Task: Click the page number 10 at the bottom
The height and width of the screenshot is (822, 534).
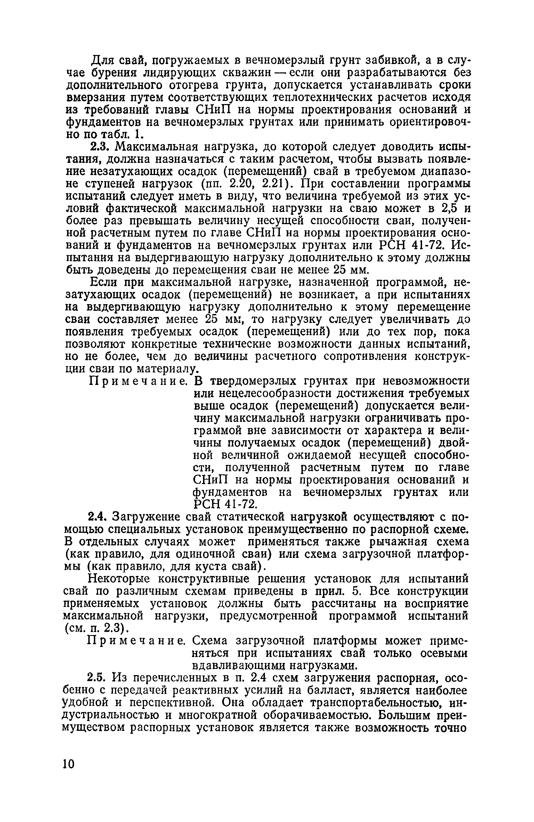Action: (69, 764)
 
